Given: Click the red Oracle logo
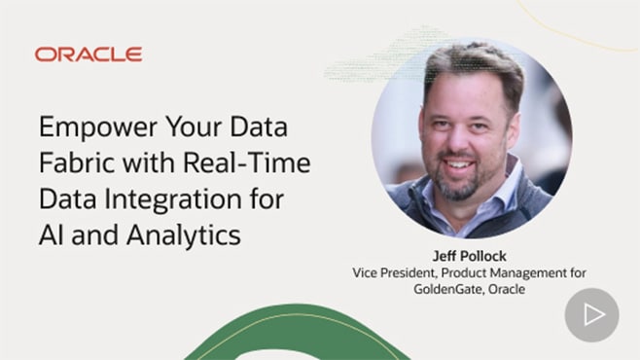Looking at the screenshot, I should point(89,54).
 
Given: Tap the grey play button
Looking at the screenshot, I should point(591,314).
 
